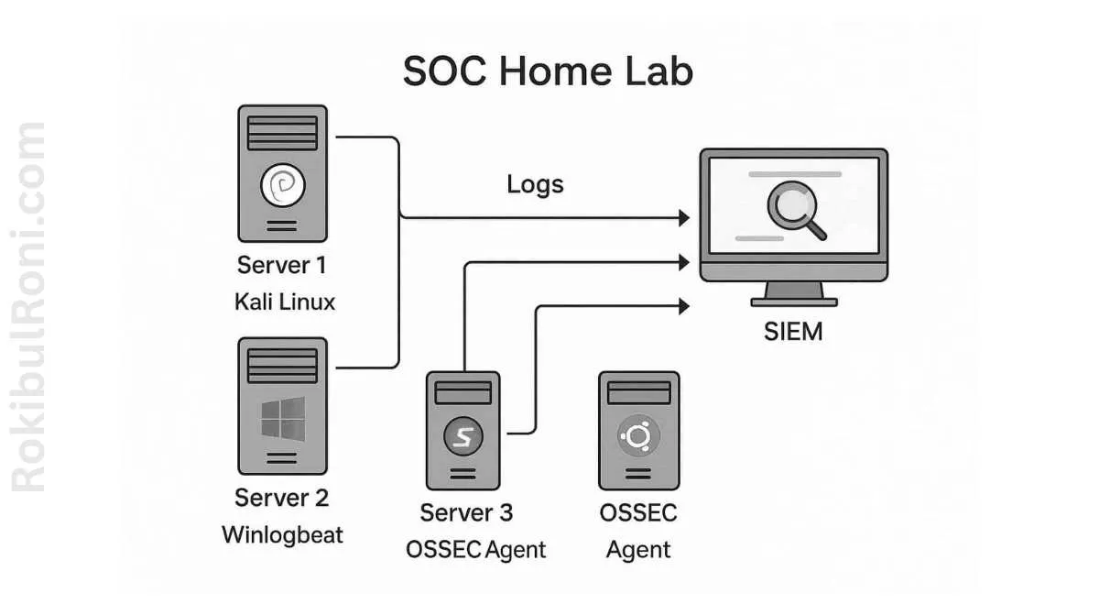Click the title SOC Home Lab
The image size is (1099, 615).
[x=548, y=72]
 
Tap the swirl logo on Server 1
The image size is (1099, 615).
[x=281, y=186]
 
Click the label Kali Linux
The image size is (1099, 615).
[x=285, y=302]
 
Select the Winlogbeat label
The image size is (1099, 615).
[x=282, y=535]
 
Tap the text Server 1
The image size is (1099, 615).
[x=281, y=266]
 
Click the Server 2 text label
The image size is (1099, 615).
[x=281, y=498]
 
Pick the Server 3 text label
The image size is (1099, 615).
[x=466, y=512]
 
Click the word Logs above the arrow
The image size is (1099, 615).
[x=535, y=184]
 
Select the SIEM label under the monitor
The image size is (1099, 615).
[x=793, y=331]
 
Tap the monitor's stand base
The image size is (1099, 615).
[x=794, y=300]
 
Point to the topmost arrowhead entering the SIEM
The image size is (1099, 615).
[x=683, y=218]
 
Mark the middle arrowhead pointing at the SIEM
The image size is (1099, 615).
[x=683, y=263]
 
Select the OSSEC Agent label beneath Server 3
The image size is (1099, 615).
[x=475, y=550]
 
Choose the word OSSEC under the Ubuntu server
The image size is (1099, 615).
[x=638, y=512]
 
